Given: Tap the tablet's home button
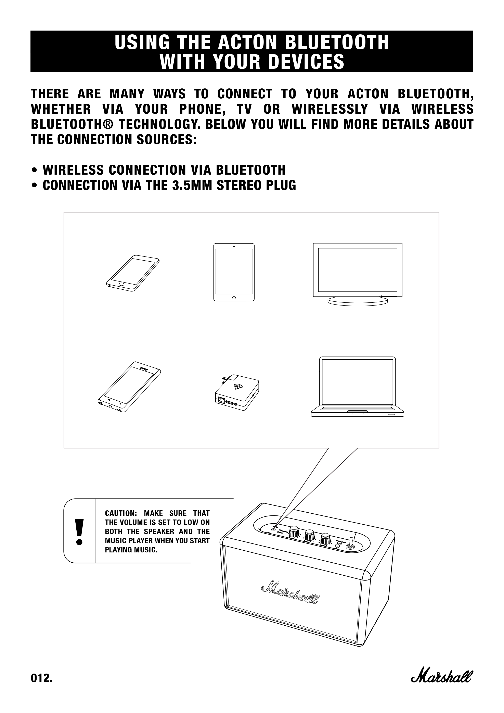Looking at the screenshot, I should coord(234,298).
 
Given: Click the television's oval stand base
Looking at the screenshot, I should coord(358,301).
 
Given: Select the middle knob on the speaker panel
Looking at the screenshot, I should coord(309,535).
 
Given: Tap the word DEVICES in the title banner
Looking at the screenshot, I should coord(306,62).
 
